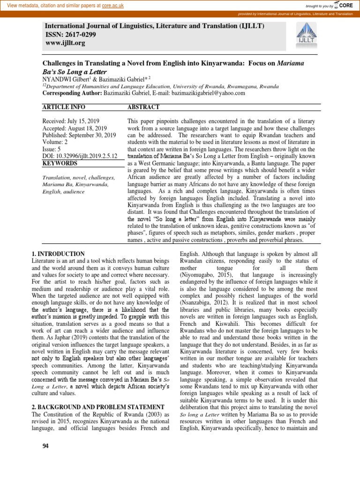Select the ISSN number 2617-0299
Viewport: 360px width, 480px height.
click(x=81, y=34)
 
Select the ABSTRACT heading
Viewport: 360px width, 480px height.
click(x=143, y=107)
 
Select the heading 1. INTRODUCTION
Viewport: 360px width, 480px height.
click(x=58, y=254)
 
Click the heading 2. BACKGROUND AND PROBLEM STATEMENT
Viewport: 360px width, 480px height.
click(x=97, y=407)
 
